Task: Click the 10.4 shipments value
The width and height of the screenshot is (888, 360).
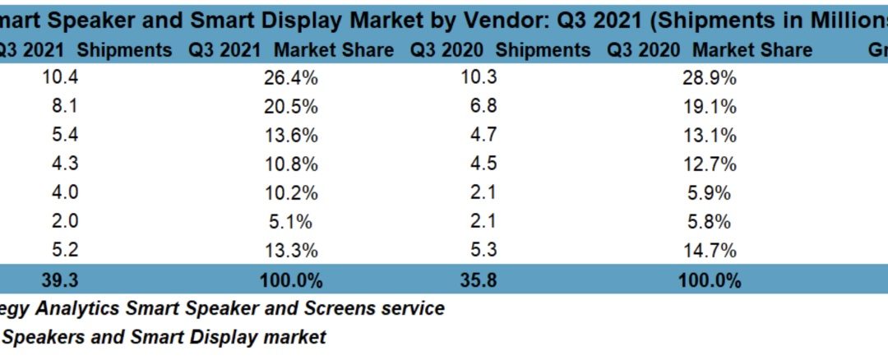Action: point(59,79)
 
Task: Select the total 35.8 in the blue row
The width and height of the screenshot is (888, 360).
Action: point(480,280)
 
